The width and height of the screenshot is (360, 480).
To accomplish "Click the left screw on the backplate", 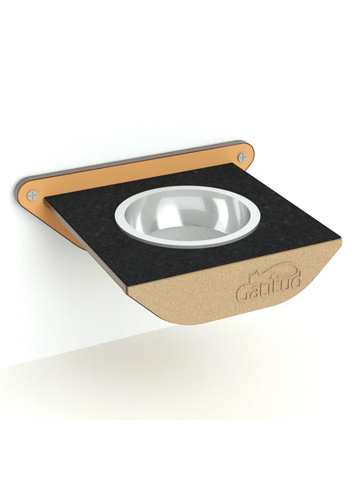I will pyautogui.click(x=32, y=194).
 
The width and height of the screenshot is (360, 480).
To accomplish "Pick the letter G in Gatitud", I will pyautogui.click(x=242, y=293).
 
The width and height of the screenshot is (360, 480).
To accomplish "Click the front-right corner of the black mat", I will pyautogui.click(x=340, y=237).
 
